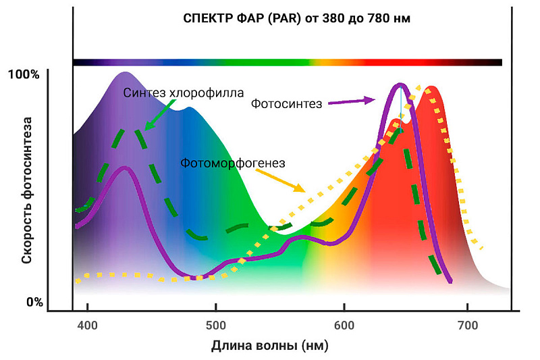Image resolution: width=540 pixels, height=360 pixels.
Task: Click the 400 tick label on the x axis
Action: tap(88, 325)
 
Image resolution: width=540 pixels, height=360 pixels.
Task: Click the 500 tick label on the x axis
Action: tap(215, 325)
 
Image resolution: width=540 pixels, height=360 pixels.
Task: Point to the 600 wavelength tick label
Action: tap(344, 325)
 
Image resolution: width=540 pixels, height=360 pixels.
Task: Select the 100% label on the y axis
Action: tap(24, 74)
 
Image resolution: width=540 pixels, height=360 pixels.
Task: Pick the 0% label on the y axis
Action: tap(34, 301)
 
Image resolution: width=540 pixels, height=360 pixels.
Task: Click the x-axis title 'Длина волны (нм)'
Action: tap(269, 346)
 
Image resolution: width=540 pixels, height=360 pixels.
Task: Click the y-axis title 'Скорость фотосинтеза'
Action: tap(28, 190)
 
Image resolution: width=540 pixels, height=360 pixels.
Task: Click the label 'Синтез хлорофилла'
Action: tap(184, 93)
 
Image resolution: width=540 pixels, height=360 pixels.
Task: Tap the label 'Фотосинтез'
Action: tap(286, 103)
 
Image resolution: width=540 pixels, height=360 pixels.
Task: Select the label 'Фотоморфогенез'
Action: tap(233, 163)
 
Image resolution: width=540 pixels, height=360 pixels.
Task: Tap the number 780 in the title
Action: tap(371, 19)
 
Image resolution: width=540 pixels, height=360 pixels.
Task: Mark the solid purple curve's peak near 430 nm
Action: tap(124, 168)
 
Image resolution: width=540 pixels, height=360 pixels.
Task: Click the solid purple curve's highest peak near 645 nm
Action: tap(401, 85)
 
